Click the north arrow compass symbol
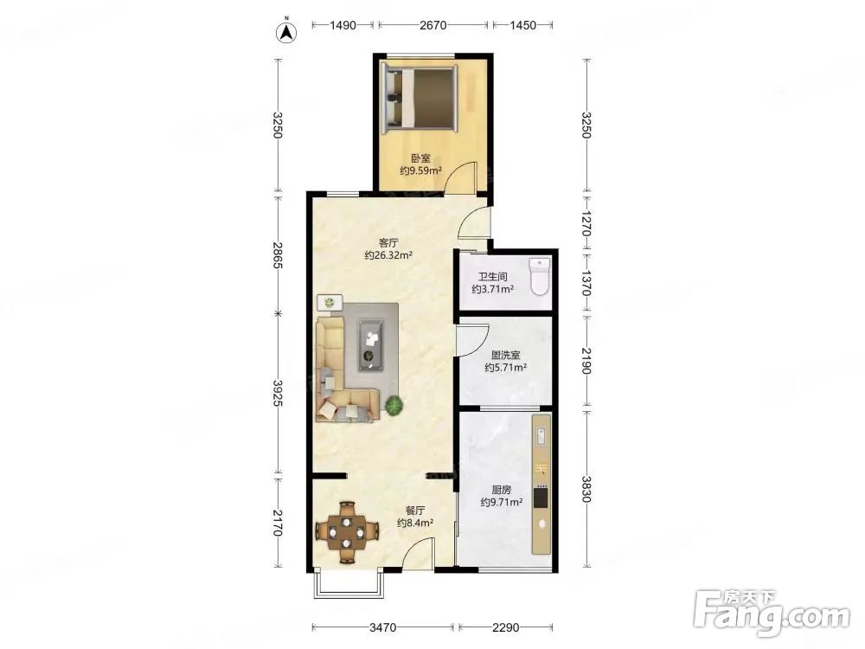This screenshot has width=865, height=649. tap(286, 32)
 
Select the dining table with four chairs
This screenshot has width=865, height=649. tap(347, 531)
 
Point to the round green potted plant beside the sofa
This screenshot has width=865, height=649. tap(394, 406)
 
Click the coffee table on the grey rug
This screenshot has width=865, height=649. tap(371, 344)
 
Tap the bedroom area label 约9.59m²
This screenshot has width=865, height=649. tap(421, 171)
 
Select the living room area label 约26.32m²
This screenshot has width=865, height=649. tap(388, 255)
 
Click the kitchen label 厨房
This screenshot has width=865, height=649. tap(502, 490)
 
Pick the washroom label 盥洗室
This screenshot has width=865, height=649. tap(505, 356)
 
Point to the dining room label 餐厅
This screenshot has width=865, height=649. tap(415, 511)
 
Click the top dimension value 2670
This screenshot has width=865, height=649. tap(433, 25)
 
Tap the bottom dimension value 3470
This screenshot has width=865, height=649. tap(383, 627)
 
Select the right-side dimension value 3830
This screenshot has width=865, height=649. tap(586, 489)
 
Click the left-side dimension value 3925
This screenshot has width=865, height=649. tap(278, 394)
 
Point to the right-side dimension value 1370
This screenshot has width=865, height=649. tap(586, 283)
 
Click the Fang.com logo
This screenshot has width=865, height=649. tap(772, 612)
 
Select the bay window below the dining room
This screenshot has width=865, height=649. tap(348, 586)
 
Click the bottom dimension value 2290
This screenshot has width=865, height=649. tap(506, 627)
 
